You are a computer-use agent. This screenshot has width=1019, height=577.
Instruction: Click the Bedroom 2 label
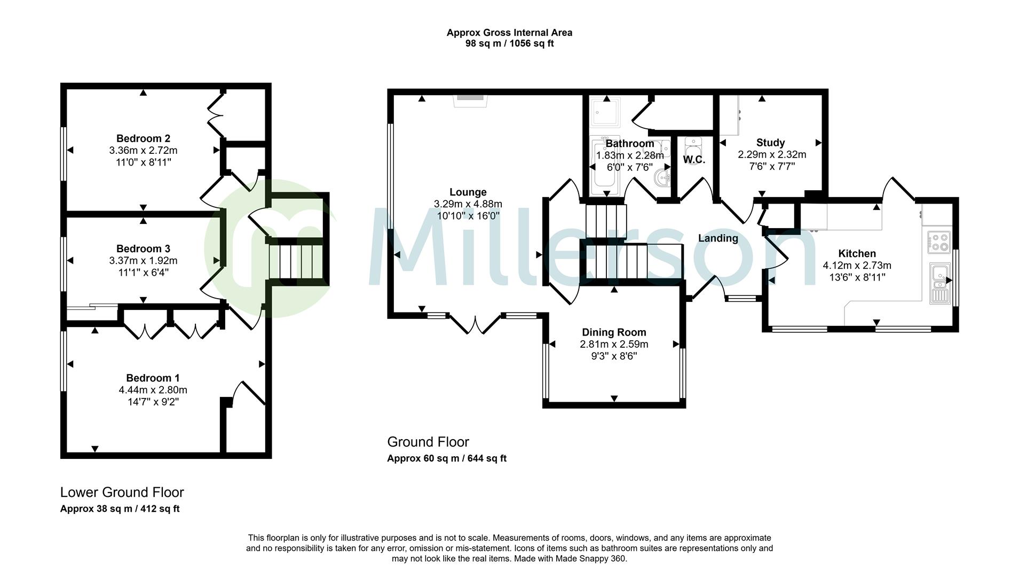(x=143, y=139)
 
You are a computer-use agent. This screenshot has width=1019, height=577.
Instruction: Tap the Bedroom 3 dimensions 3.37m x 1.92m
(x=143, y=261)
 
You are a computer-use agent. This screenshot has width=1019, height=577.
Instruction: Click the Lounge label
(x=468, y=192)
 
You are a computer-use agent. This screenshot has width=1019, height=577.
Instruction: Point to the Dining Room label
(x=614, y=332)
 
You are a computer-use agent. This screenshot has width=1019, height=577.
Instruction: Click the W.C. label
(x=694, y=160)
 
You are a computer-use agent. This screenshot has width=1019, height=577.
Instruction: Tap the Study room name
(x=770, y=143)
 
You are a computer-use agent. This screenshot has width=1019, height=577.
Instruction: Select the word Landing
(x=718, y=238)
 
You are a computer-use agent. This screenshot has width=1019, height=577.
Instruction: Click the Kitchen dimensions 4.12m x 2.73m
(x=857, y=266)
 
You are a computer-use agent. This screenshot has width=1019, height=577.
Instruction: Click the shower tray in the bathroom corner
(x=606, y=111)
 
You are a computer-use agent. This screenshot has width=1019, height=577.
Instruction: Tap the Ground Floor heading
(x=428, y=442)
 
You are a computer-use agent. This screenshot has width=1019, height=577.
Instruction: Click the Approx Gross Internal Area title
(x=509, y=33)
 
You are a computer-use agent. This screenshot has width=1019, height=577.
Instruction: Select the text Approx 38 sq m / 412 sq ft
(x=120, y=509)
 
